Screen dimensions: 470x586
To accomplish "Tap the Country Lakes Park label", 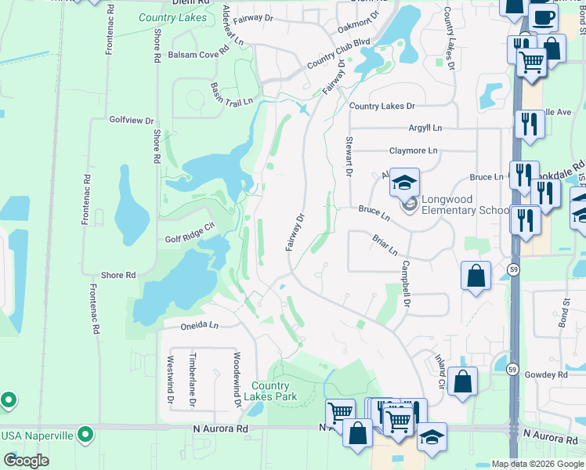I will pyautogui.click(x=271, y=391).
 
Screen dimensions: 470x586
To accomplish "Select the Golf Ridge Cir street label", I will pyautogui.click(x=190, y=240).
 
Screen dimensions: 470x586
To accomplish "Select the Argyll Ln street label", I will pyautogui.click(x=425, y=128).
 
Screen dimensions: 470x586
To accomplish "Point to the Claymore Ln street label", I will pyautogui.click(x=413, y=151).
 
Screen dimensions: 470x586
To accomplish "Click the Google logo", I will pyautogui.click(x=26, y=461).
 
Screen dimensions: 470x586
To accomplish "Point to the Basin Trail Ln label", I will pyautogui.click(x=232, y=94).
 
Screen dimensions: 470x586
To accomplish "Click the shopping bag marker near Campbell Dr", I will pyautogui.click(x=476, y=276).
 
